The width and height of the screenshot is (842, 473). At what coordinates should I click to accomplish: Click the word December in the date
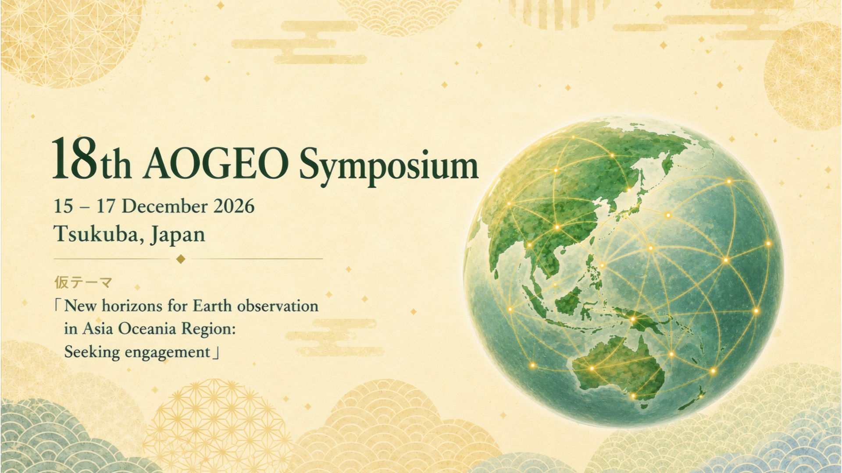point(164,206)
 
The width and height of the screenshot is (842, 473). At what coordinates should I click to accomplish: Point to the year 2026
point(234,206)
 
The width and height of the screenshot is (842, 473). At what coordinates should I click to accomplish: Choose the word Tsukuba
point(99,234)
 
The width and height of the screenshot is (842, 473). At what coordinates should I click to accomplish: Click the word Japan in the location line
point(178,235)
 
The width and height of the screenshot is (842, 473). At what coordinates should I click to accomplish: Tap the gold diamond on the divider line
point(180,259)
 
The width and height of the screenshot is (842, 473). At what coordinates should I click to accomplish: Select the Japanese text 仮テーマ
point(83,282)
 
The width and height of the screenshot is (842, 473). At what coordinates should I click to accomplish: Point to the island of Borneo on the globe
point(567,300)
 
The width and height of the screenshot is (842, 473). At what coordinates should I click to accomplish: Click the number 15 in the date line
point(63,206)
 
